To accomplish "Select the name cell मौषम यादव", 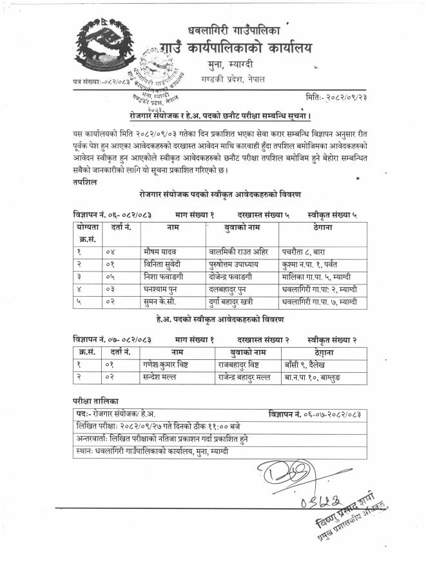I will (160, 251).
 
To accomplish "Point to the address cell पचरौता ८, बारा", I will (309, 251).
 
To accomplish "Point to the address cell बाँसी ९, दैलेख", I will (309, 364).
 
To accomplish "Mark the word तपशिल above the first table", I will (84, 183).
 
